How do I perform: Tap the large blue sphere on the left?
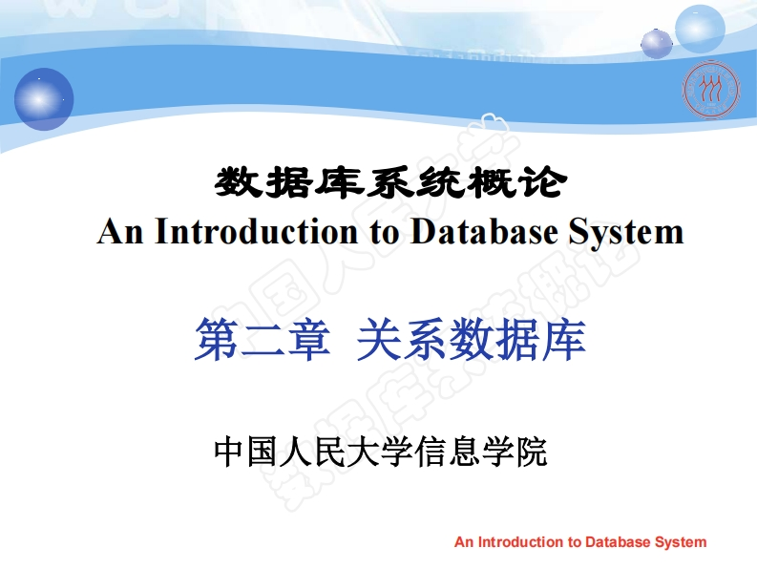coord(44,98)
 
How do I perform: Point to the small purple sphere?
coord(656,43)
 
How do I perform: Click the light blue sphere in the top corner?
coord(700,28)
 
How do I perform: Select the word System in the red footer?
coord(681,542)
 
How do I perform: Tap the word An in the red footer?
coord(464,542)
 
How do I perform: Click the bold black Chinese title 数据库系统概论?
coord(389,182)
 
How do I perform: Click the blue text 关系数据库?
coord(471,340)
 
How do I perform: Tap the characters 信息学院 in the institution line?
coord(481,450)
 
